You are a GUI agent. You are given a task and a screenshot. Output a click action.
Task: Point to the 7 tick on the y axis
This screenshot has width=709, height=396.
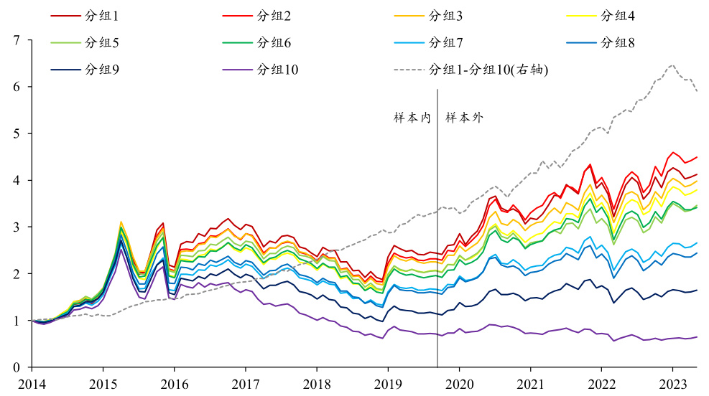16,41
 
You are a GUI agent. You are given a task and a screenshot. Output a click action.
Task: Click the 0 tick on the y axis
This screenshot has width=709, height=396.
16,368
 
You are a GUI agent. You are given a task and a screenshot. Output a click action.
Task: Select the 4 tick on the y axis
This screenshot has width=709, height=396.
16,181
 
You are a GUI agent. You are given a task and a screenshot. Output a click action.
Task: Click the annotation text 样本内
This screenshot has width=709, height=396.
412,118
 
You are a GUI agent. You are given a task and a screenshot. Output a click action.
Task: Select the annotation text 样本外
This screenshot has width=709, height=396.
464,118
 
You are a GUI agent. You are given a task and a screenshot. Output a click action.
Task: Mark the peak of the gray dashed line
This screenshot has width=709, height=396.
672,65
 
